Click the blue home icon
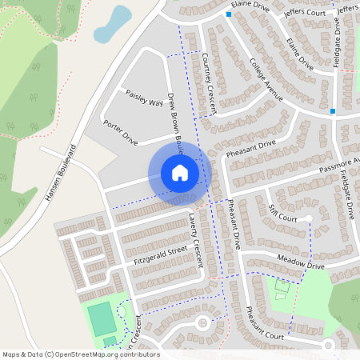(180, 173)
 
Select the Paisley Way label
(145, 98)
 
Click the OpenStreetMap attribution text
(80, 354)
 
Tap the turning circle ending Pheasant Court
(327, 345)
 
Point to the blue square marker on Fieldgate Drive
(333, 111)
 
